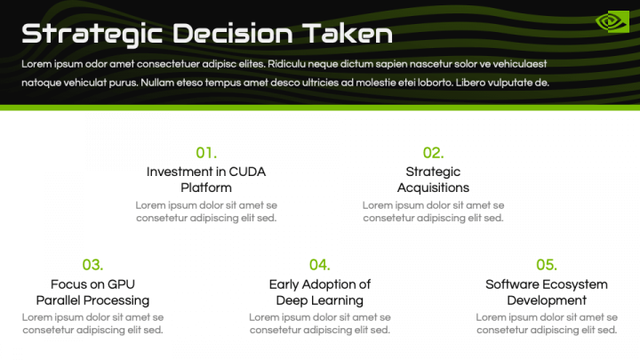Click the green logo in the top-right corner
click(612, 21)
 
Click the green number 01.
click(206, 152)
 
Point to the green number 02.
click(433, 152)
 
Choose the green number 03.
click(92, 264)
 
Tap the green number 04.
click(319, 264)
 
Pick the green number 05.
click(547, 264)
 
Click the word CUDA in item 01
click(247, 172)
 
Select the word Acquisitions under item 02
click(433, 188)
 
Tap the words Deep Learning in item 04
click(320, 300)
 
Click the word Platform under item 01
click(206, 188)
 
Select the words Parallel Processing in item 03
click(92, 300)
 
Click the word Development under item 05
click(547, 300)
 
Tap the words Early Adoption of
click(320, 284)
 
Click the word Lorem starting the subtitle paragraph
click(37, 65)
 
